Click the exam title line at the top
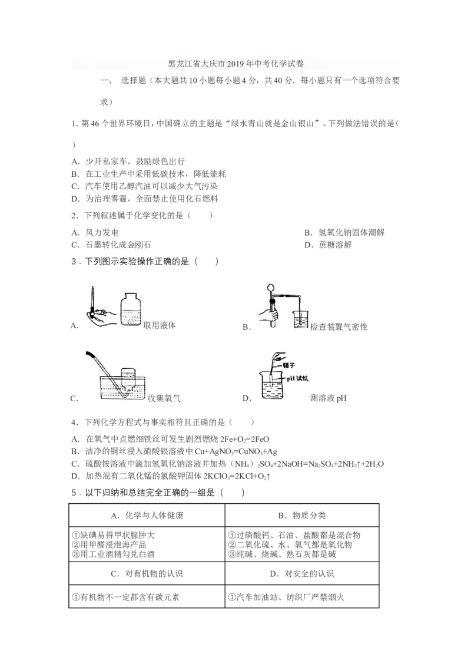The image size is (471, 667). [x=235, y=64]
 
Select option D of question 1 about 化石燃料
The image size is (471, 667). [x=144, y=199]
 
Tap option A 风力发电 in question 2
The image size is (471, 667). [x=95, y=233]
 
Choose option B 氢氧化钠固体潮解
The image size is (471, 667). [x=344, y=233]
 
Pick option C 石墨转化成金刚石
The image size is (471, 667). [x=111, y=245]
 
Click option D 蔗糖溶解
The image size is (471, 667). [x=328, y=245]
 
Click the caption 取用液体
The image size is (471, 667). [x=160, y=325]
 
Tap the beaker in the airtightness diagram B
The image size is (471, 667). [x=301, y=318]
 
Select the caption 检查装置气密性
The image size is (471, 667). [x=339, y=327]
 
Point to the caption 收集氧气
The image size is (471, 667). [x=164, y=398]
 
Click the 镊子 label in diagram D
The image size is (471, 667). [x=288, y=365]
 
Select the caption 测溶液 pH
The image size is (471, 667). [x=328, y=398]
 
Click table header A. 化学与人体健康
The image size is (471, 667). [x=147, y=516]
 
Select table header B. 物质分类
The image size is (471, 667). [x=302, y=516]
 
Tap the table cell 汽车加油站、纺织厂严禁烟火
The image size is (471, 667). [x=286, y=597]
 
